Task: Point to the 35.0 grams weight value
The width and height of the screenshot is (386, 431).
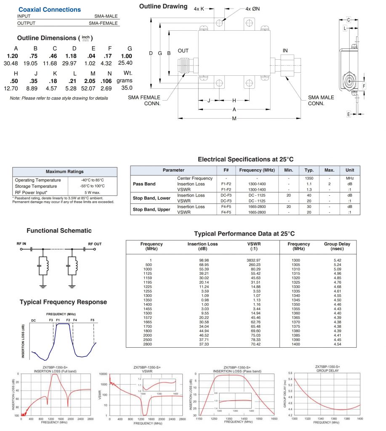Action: click(x=127, y=88)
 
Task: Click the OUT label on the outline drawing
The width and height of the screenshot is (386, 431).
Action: click(x=183, y=51)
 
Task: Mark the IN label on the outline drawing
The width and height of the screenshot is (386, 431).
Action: click(x=285, y=51)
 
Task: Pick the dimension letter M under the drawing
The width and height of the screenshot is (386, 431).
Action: click(x=234, y=118)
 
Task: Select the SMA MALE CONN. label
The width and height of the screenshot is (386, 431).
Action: click(x=321, y=100)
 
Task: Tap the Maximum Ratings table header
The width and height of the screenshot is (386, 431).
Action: click(x=64, y=171)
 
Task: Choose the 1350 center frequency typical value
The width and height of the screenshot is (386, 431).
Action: click(x=309, y=178)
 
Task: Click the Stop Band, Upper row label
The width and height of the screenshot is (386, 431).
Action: click(x=152, y=209)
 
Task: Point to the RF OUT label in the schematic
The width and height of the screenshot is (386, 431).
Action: click(x=95, y=244)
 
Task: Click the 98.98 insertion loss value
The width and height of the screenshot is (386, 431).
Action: click(x=204, y=260)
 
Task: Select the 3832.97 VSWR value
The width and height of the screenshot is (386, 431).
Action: click(x=253, y=260)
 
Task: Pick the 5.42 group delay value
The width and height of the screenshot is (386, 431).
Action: click(x=337, y=260)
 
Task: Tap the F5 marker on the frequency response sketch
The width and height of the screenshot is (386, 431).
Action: click(x=92, y=321)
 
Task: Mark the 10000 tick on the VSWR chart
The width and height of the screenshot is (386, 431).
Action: click(x=104, y=374)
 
